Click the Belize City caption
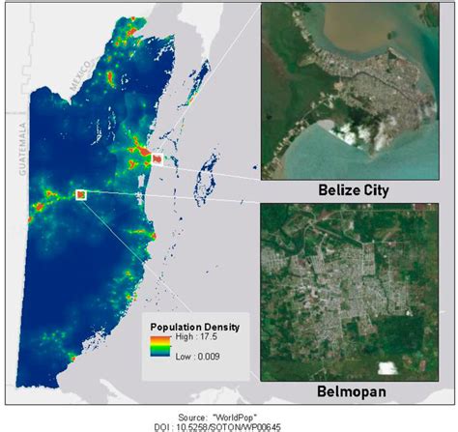coord(354,190)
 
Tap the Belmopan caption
coord(354,392)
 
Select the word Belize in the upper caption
coord(339,190)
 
